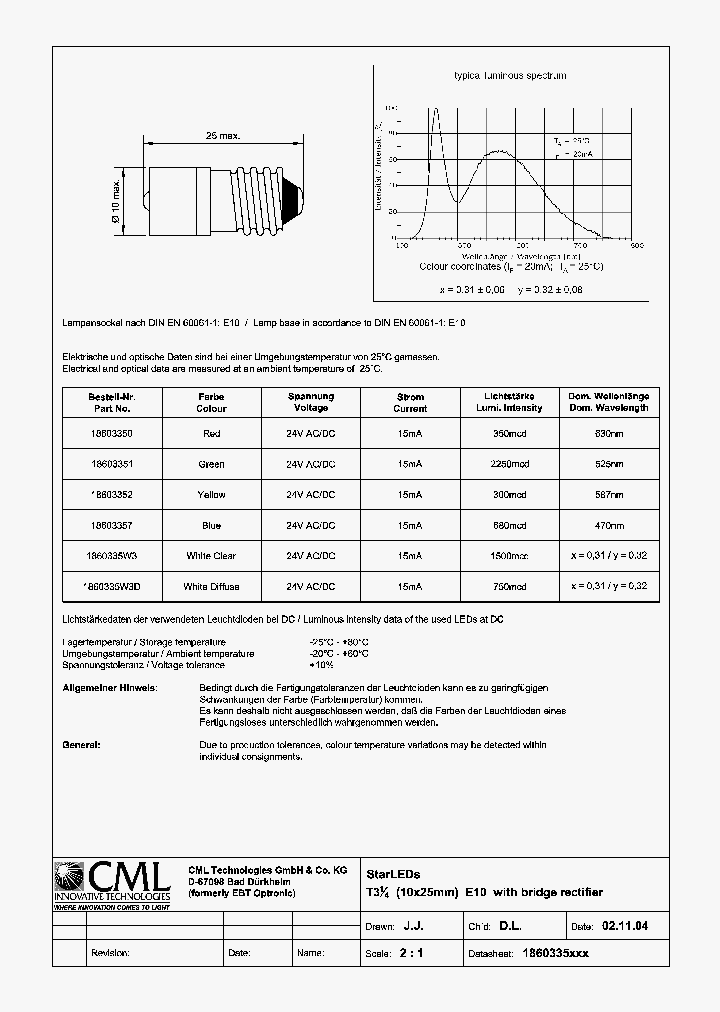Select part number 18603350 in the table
pyautogui.click(x=111, y=433)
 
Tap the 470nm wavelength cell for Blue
pyautogui.click(x=610, y=525)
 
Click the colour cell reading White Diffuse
pyautogui.click(x=211, y=587)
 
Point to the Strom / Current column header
pyautogui.click(x=410, y=402)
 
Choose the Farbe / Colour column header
pyautogui.click(x=211, y=402)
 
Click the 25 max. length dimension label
pyautogui.click(x=223, y=135)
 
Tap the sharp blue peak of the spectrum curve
pyautogui.click(x=436, y=110)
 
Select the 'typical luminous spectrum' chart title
pyautogui.click(x=510, y=76)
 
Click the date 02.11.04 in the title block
pyautogui.click(x=625, y=927)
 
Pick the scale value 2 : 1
pyautogui.click(x=411, y=953)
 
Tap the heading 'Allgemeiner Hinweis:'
pyautogui.click(x=109, y=688)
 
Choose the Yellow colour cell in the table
pyautogui.click(x=211, y=495)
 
